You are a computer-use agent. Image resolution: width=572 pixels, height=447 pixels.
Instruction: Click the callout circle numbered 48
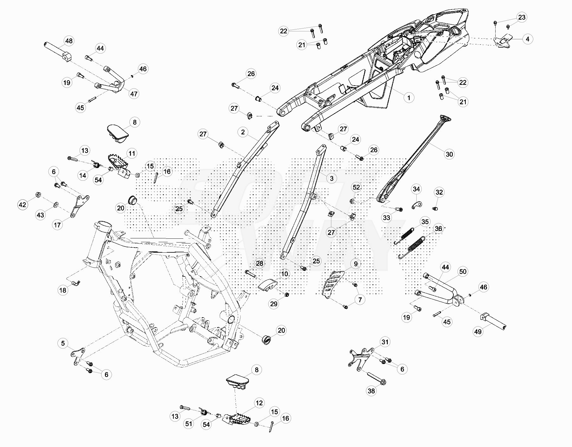click(69, 41)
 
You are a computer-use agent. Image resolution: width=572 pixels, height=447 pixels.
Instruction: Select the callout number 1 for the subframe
click(409, 98)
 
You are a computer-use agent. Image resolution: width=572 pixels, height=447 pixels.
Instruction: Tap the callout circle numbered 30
click(449, 154)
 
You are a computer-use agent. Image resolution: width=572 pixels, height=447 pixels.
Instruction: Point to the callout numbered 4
click(527, 39)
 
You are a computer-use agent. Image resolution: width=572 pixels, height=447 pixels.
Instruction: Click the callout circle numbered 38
click(371, 391)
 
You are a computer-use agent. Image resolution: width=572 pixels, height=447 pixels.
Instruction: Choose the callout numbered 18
click(63, 290)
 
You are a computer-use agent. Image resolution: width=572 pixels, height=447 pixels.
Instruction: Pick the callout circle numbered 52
click(356, 187)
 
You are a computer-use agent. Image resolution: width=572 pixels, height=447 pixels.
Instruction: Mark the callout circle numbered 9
click(356, 264)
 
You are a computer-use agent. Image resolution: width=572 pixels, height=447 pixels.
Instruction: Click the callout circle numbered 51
click(189, 424)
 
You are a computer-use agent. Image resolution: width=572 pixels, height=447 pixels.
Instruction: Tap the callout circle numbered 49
click(478, 332)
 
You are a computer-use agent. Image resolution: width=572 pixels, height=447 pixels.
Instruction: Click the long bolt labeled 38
click(376, 378)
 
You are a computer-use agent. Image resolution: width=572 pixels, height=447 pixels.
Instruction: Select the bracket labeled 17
click(79, 206)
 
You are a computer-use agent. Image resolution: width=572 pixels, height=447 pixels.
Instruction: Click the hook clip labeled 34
click(417, 205)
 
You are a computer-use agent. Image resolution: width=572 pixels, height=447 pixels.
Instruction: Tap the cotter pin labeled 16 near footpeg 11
click(156, 177)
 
